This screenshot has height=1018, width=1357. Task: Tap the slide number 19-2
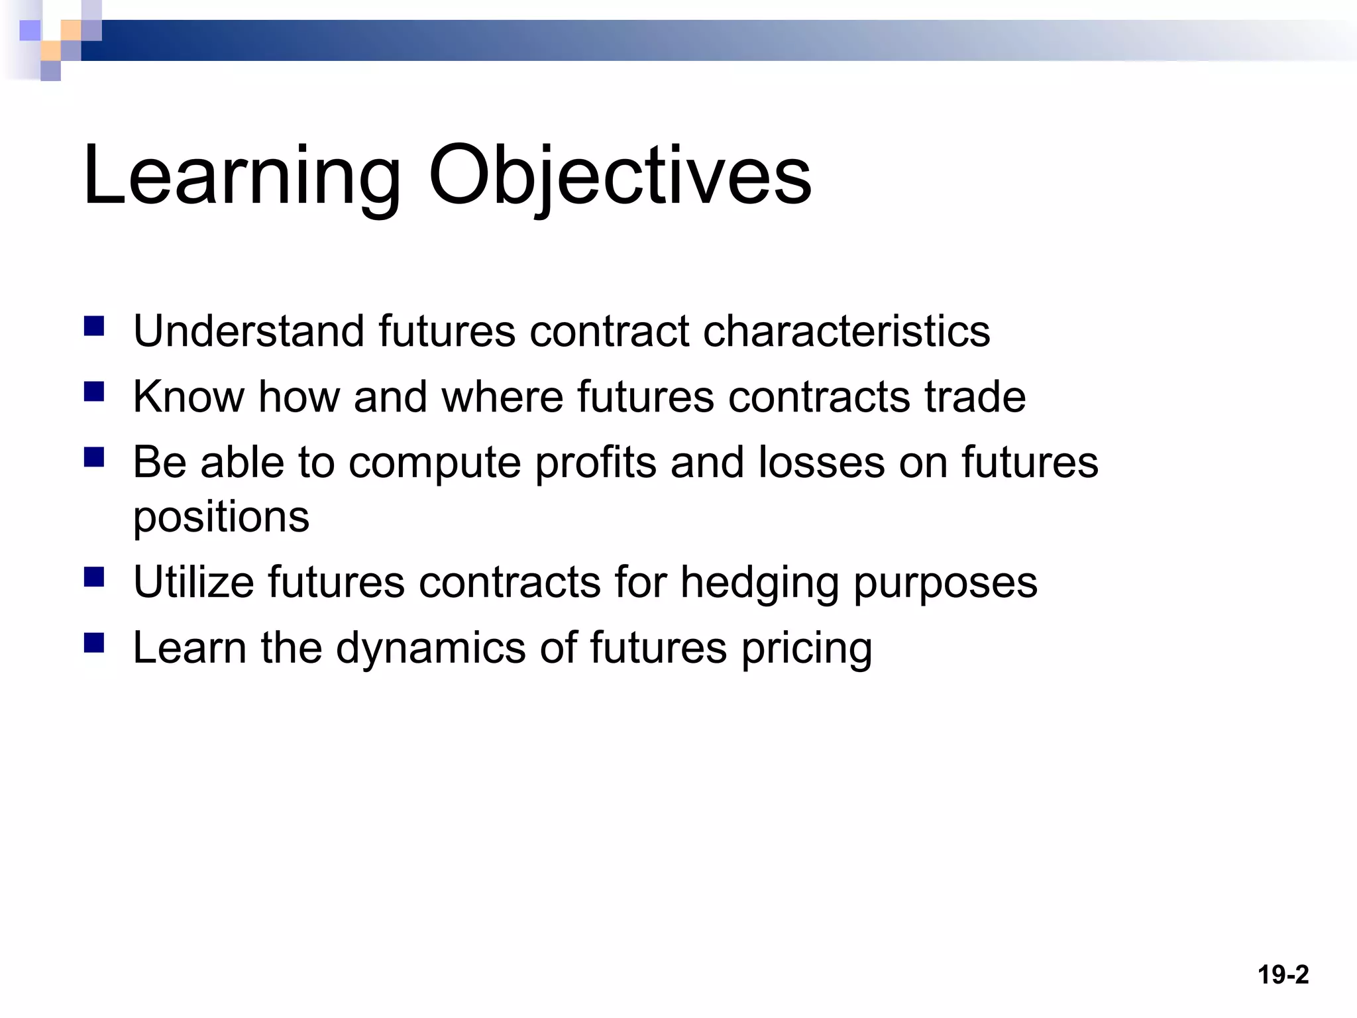click(1283, 975)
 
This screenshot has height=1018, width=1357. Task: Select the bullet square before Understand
click(94, 326)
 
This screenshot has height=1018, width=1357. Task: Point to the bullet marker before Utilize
click(94, 577)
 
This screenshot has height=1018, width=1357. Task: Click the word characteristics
click(846, 331)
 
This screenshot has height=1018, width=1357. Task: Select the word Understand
click(248, 331)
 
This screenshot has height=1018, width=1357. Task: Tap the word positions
click(221, 518)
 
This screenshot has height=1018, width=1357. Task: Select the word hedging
click(759, 583)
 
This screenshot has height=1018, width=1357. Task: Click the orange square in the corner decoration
click(70, 30)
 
